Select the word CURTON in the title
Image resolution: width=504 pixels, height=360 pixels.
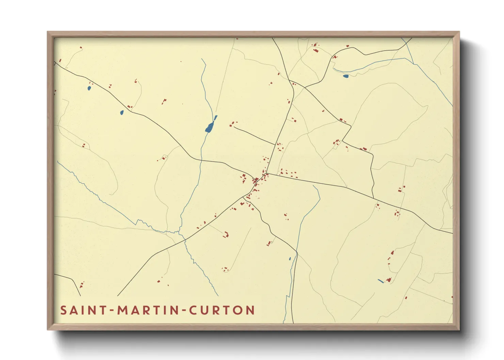222,310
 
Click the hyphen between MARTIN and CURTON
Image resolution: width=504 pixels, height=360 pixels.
184,311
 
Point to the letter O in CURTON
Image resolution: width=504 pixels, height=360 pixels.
238,310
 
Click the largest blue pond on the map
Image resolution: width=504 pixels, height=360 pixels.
209,127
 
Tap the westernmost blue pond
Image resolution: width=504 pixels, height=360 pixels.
89,88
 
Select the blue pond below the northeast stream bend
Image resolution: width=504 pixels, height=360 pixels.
346,76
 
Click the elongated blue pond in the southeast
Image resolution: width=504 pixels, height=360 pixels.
381,281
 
